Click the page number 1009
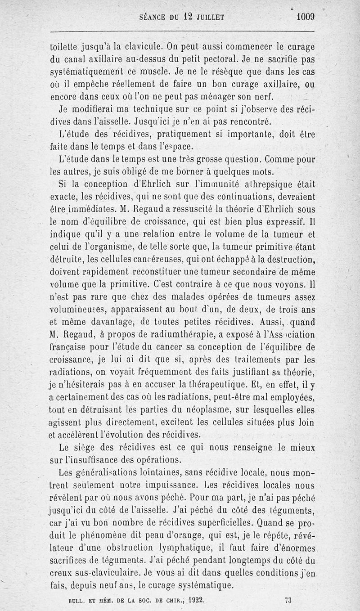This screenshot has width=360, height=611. pos(305,17)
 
